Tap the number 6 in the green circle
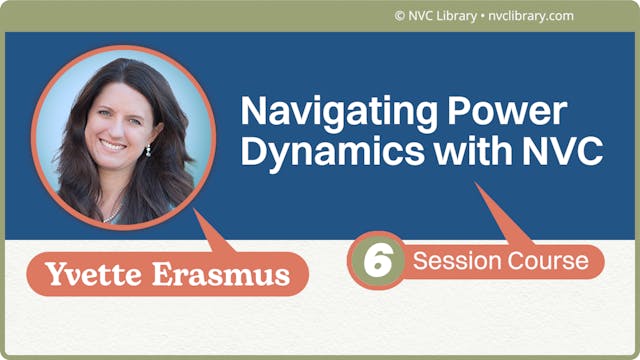[x=377, y=262]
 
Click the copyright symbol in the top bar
[x=400, y=15]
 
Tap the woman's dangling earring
[x=148, y=150]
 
